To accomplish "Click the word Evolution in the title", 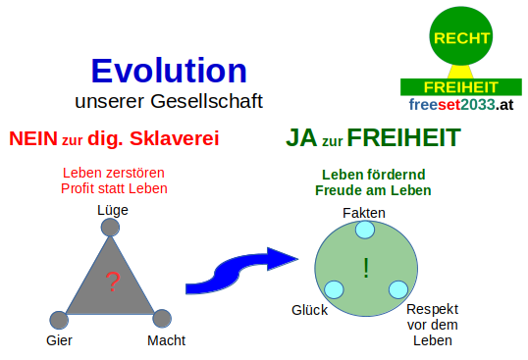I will [x=169, y=71].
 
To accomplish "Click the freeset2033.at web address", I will [x=461, y=104].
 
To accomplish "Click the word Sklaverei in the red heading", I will [x=169, y=139].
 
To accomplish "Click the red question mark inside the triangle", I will [x=111, y=283].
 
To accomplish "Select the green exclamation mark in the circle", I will [x=365, y=267].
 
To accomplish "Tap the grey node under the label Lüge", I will [x=111, y=227].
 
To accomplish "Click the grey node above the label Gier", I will [x=59, y=319].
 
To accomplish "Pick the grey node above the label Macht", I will [x=163, y=318].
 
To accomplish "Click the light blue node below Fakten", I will [x=365, y=230].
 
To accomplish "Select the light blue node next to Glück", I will [x=334, y=289].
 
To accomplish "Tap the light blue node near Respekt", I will [x=397, y=289].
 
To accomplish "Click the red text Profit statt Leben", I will [x=113, y=189].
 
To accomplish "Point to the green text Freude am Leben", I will [x=373, y=190].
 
